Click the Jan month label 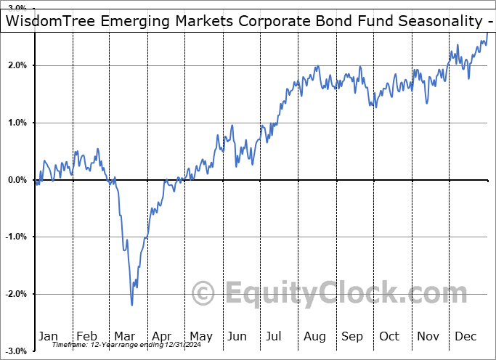tap(49, 336)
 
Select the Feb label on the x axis tap(86, 336)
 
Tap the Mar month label tap(124, 336)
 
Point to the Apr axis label tap(162, 336)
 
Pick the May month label tap(200, 336)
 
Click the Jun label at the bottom tap(238, 336)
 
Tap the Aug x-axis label tap(315, 336)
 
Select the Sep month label tap(353, 336)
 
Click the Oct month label tap(390, 336)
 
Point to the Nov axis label tap(428, 336)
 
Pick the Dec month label tap(466, 336)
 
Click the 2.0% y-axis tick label tap(16, 66)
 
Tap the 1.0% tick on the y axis tap(16, 123)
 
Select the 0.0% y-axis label tap(16, 180)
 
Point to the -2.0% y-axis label tap(15, 294)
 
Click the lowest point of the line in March tap(132, 305)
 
